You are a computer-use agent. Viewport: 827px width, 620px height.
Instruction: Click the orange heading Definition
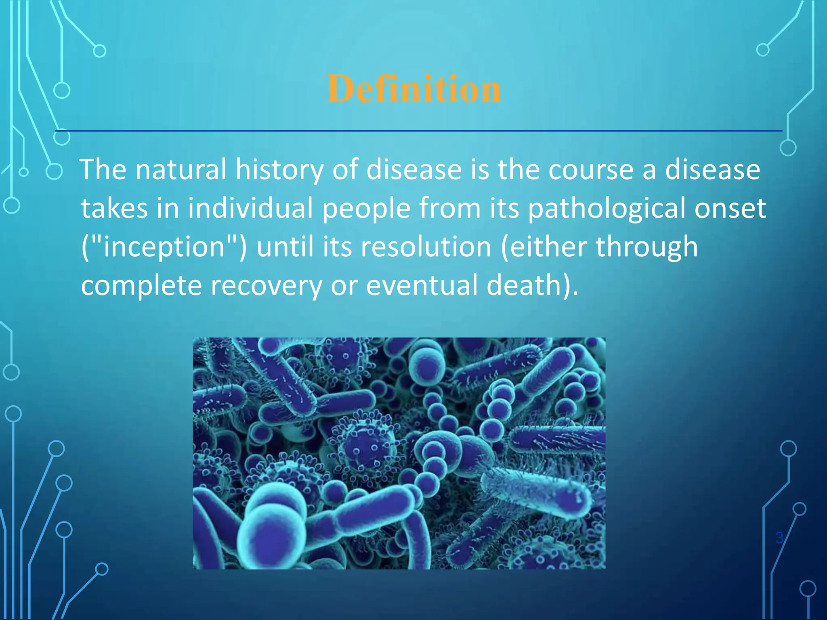[413, 89]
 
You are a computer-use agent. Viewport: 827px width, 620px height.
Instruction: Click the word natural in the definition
[181, 170]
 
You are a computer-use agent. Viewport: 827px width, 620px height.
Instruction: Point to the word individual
[250, 208]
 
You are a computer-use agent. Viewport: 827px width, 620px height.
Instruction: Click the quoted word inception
[164, 247]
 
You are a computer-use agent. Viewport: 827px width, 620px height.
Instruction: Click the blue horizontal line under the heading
[418, 131]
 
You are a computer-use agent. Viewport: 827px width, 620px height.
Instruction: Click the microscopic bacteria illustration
[399, 453]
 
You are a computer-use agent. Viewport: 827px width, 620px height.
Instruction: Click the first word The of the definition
[103, 170]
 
